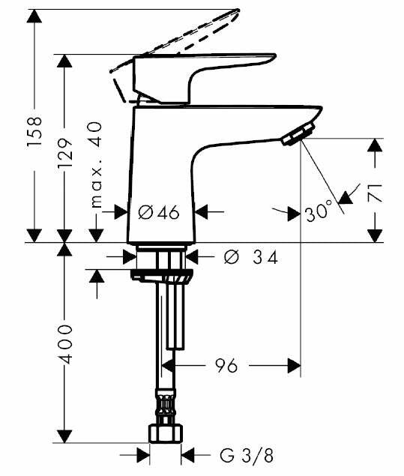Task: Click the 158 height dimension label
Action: (34, 131)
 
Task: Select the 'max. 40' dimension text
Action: (97, 165)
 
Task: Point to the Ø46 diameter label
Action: (158, 212)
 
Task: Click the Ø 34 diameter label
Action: (250, 258)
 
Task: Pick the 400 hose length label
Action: (65, 344)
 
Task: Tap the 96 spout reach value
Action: (226, 366)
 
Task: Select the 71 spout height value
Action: (376, 193)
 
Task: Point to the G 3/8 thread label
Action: (247, 456)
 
